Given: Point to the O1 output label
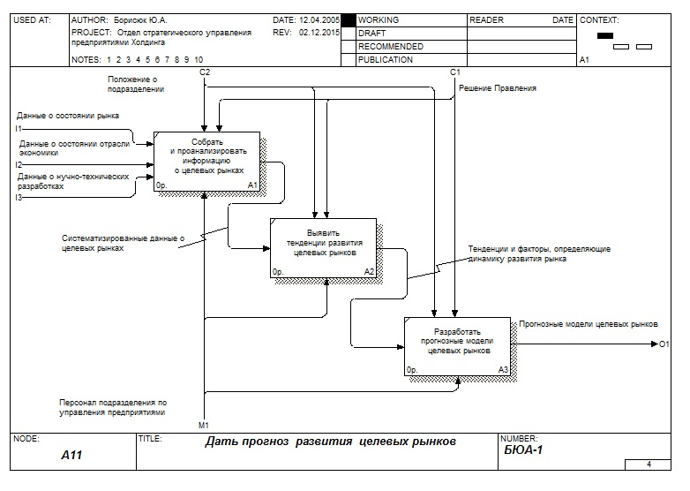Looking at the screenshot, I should click(664, 344).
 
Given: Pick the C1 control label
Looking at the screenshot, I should click(454, 72).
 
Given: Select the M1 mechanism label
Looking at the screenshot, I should click(204, 425).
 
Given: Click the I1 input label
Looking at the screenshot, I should click(19, 129).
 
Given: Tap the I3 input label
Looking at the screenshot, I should click(19, 197).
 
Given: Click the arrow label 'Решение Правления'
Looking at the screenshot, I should click(497, 88).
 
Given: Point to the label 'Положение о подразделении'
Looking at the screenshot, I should click(134, 84).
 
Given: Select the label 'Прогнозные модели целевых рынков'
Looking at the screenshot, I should click(589, 324).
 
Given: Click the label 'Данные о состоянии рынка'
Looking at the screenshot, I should click(67, 116).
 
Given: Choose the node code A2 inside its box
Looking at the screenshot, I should click(369, 272).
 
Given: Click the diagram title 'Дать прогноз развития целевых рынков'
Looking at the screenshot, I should click(331, 442).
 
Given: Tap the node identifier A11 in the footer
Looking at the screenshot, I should click(71, 455).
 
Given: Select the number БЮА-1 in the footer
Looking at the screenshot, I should click(522, 450).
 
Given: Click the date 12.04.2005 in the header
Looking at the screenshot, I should click(319, 19).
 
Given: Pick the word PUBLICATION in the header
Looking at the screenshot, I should click(386, 60).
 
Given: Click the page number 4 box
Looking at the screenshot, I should click(649, 464).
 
